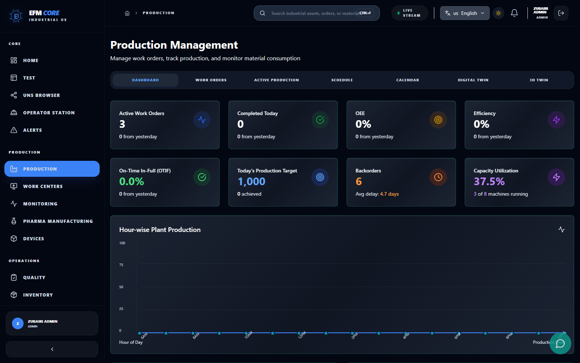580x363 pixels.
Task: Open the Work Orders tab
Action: click(211, 80)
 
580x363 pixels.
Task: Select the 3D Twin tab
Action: click(538, 80)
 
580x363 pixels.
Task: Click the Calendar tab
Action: click(407, 80)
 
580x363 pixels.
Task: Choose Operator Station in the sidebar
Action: click(49, 113)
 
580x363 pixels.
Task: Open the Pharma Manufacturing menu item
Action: click(58, 221)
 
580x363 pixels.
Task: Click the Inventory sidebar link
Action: click(38, 295)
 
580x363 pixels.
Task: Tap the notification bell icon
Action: click(514, 13)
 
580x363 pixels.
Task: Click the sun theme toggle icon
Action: click(498, 13)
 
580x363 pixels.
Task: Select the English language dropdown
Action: click(464, 13)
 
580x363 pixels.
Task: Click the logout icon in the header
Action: click(561, 13)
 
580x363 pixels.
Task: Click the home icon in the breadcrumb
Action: click(127, 13)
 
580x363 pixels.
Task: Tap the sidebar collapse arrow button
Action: click(52, 349)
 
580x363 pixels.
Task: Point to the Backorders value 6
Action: click(359, 181)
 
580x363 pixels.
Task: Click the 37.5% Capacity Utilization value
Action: click(489, 181)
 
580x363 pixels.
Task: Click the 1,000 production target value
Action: click(252, 181)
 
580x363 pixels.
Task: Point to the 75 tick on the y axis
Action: click(121, 265)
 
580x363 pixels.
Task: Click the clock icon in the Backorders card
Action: click(438, 177)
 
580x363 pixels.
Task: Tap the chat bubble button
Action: click(560, 343)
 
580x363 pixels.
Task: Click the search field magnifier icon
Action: click(262, 13)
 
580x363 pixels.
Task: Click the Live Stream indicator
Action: click(409, 13)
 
